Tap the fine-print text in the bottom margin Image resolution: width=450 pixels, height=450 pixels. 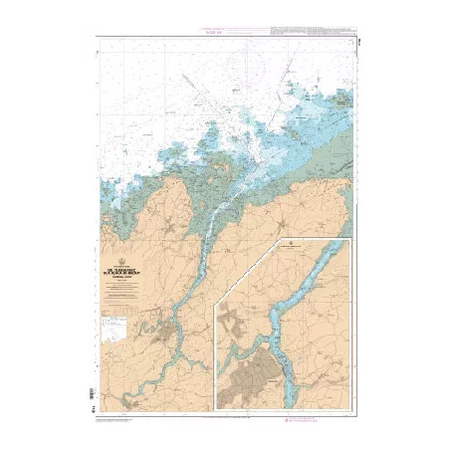[x=129, y=416]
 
